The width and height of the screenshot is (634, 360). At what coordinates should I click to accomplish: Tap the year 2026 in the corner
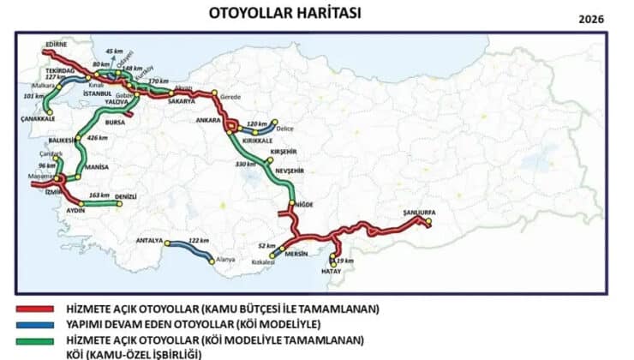tap(590, 18)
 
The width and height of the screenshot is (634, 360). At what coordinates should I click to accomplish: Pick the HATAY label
tap(330, 272)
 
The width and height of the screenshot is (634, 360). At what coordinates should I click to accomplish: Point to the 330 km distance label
tap(246, 164)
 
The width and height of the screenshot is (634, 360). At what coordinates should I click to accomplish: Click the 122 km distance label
tap(199, 240)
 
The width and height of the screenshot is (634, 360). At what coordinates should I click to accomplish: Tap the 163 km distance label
tap(99, 195)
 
